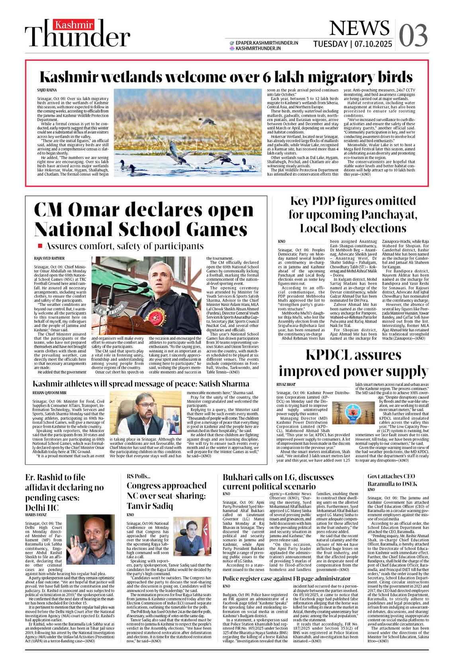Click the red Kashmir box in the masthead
(x=74, y=25)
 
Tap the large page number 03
(x=413, y=35)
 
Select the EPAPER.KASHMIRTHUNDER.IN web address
(x=266, y=43)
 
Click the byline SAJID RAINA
(x=47, y=90)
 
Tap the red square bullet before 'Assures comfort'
(x=40, y=246)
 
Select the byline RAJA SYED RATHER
(x=49, y=258)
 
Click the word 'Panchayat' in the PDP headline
(x=388, y=215)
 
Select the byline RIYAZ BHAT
(x=286, y=384)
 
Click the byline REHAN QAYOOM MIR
(x=49, y=393)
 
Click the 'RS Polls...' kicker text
(x=138, y=476)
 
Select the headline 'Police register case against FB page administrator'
(x=286, y=578)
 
